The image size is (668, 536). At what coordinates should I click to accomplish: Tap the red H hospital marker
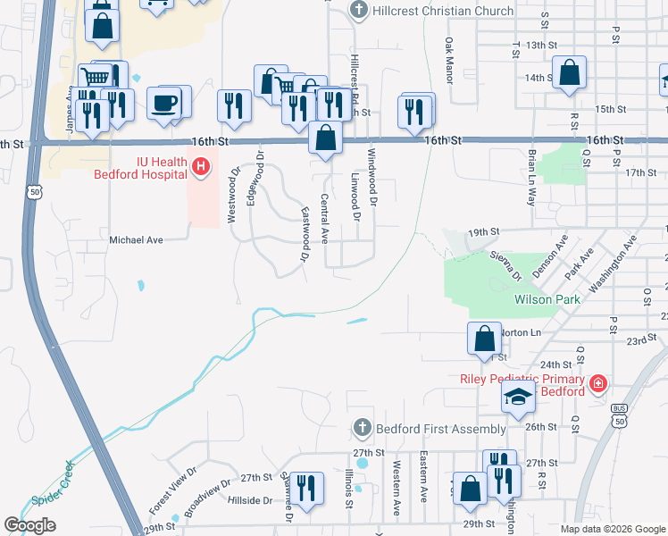click(201, 166)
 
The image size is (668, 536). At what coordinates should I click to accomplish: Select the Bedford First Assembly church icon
click(362, 429)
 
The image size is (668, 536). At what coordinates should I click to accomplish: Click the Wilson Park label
click(547, 300)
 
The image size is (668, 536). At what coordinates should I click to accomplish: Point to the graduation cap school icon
click(518, 398)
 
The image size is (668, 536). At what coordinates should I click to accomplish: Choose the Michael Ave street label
click(137, 240)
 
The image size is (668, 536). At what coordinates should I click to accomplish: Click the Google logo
click(29, 525)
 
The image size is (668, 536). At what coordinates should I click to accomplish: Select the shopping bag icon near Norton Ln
click(484, 339)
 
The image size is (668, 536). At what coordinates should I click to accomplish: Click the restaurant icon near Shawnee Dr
click(306, 489)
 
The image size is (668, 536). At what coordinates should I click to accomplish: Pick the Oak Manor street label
click(449, 61)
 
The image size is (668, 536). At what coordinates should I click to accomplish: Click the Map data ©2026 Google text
click(613, 529)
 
